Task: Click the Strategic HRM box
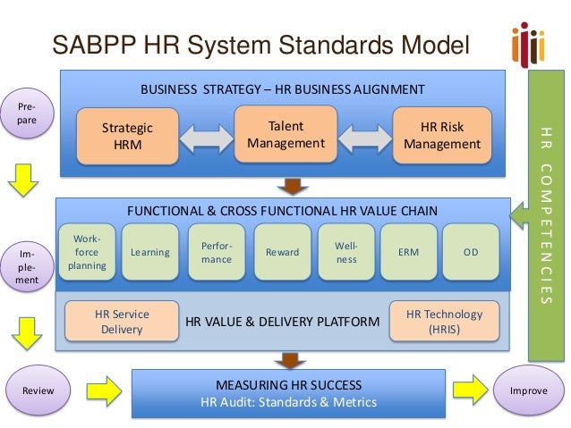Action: [126, 137]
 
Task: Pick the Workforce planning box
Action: [87, 253]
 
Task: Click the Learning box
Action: [150, 253]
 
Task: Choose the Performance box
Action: [217, 253]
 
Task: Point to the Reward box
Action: [283, 253]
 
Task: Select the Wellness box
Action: [346, 253]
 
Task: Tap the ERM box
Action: [407, 253]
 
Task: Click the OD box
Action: [471, 253]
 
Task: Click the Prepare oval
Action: [27, 114]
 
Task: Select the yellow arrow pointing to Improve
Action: [470, 390]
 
